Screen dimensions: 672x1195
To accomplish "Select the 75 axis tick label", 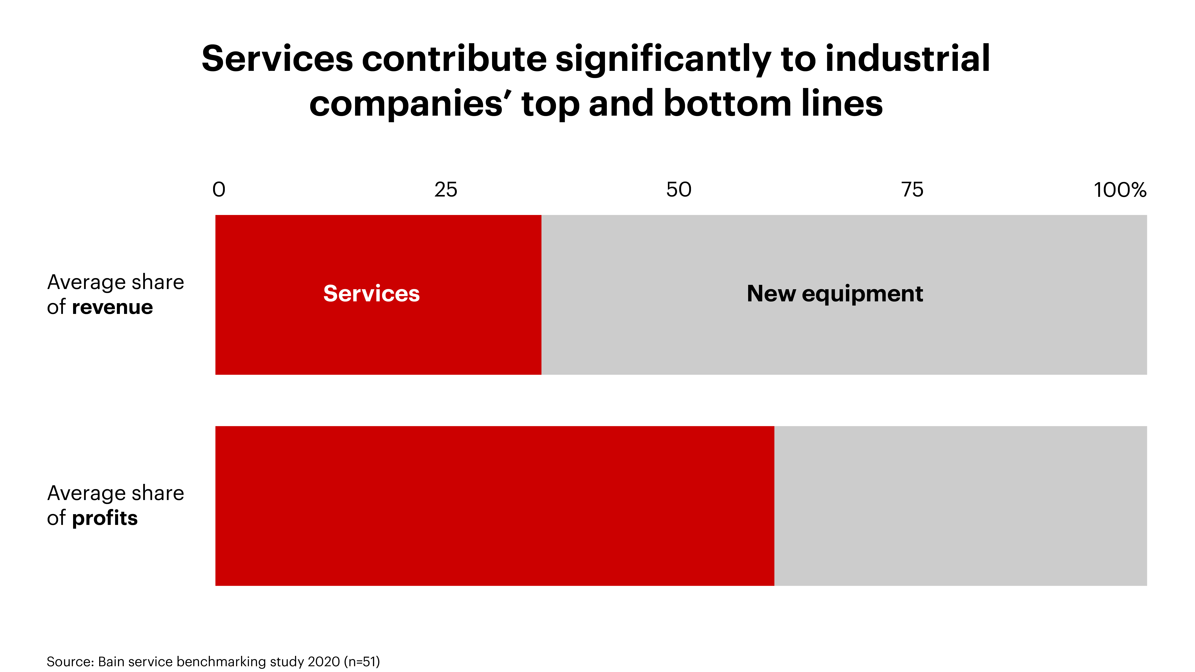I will pos(912,190).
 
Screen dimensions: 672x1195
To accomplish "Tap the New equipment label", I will pos(835,294).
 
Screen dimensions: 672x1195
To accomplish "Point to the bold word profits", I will pos(105,518).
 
